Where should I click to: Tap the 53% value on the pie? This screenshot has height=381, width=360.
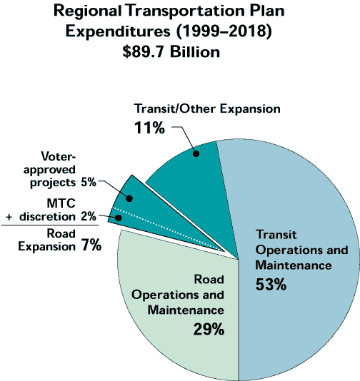click(x=271, y=285)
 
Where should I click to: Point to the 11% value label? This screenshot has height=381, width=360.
click(x=149, y=129)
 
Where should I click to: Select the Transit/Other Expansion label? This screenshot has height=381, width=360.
click(x=207, y=108)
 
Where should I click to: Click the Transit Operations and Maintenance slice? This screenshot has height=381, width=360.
click(x=300, y=214)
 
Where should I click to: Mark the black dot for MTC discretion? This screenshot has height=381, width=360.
click(x=117, y=218)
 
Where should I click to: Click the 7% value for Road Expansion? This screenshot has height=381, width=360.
click(x=90, y=246)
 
